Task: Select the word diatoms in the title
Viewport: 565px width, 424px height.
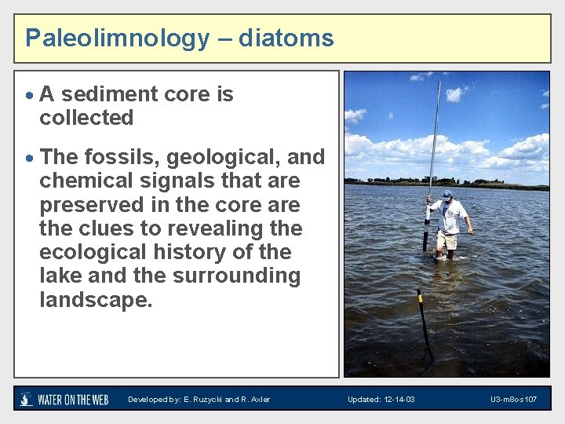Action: pos(286,38)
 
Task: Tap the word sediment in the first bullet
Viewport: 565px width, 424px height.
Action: pos(108,94)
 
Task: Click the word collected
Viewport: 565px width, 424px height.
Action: pos(86,118)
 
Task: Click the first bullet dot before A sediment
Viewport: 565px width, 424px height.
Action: pos(28,96)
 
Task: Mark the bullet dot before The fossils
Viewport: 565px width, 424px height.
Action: pos(28,159)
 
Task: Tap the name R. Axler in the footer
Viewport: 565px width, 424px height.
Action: pos(255,400)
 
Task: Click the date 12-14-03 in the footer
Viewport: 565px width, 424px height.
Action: pos(399,400)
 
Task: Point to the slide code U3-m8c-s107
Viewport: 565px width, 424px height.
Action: pos(514,400)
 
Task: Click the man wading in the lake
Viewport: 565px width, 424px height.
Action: pos(449,224)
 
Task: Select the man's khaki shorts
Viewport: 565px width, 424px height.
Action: pos(447,239)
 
